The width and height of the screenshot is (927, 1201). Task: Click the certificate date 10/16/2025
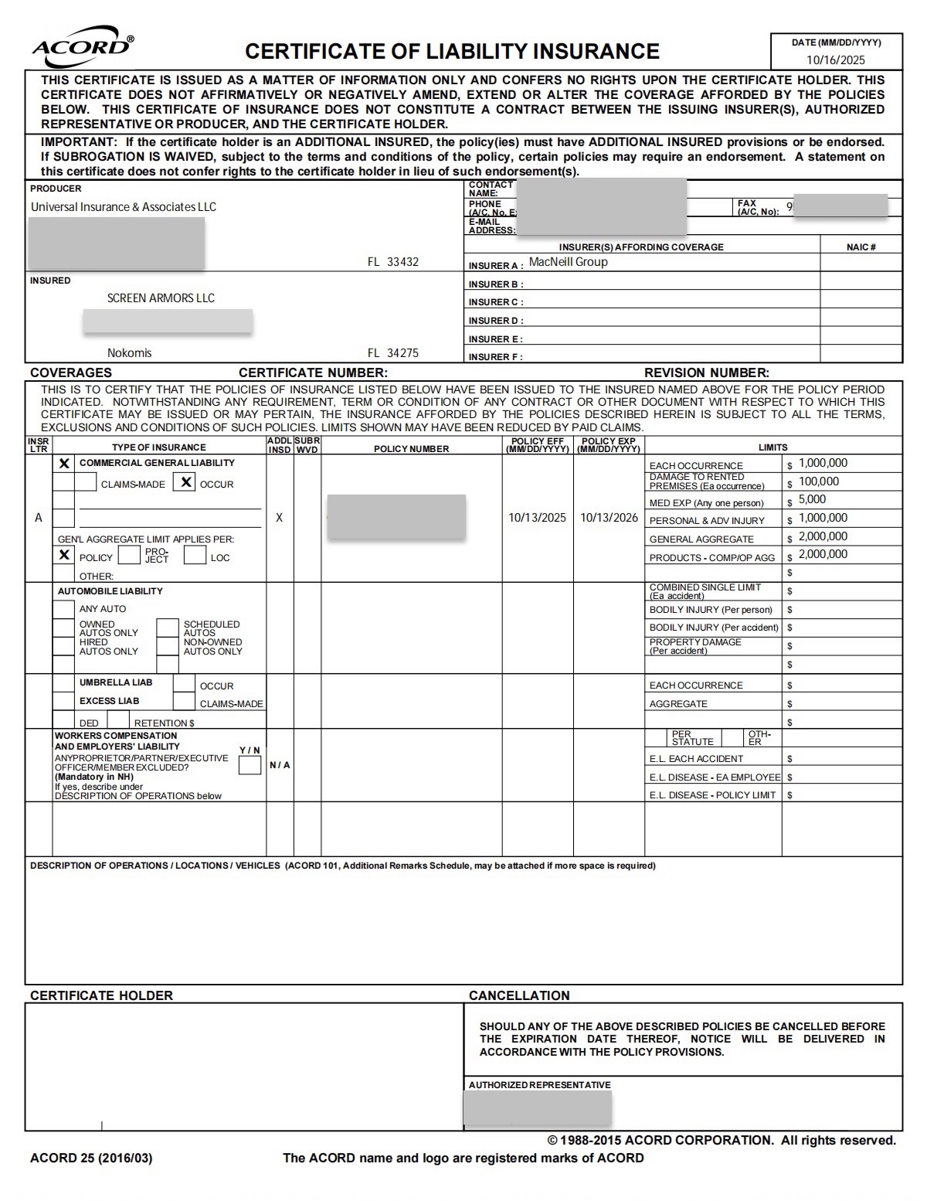click(x=836, y=60)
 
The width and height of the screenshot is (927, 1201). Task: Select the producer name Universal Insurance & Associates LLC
click(x=124, y=207)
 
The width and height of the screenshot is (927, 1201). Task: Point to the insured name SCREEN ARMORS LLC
click(x=161, y=298)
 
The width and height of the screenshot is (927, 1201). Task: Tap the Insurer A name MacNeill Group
click(x=568, y=262)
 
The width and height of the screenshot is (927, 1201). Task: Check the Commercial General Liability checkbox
click(x=65, y=464)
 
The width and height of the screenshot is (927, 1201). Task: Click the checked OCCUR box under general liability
click(x=185, y=483)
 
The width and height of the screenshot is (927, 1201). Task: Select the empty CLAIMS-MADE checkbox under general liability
click(x=86, y=483)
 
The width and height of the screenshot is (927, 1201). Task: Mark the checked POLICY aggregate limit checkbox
click(x=65, y=555)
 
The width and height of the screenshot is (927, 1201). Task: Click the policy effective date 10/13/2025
click(x=537, y=518)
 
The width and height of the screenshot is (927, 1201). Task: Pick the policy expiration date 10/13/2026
click(x=609, y=518)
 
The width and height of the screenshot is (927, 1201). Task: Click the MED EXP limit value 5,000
click(x=812, y=500)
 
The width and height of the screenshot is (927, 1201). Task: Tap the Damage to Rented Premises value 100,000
click(x=818, y=481)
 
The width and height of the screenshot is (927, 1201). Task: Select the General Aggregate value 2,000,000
click(x=823, y=536)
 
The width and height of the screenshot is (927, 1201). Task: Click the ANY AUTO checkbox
click(x=63, y=609)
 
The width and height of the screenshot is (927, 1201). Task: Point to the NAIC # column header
click(x=861, y=247)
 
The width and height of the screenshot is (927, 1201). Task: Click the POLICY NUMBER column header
click(x=411, y=449)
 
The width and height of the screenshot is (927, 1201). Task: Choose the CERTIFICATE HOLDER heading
click(x=101, y=995)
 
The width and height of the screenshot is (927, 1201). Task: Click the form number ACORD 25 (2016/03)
click(x=91, y=1158)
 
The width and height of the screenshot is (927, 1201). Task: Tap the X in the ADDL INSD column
click(x=279, y=518)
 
